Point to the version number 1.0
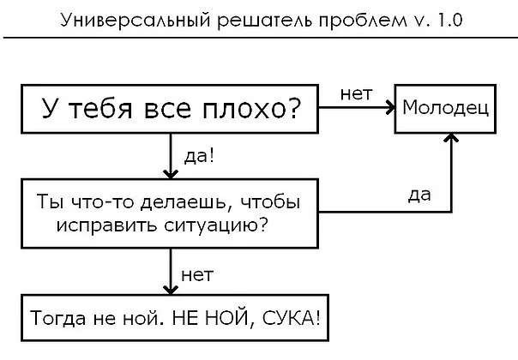445,20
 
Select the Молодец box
445,109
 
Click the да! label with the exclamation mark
200,157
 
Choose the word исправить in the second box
102,226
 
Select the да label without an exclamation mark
419,195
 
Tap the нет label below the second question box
197,274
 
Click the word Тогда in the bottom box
56,319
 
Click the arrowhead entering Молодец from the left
388,109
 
